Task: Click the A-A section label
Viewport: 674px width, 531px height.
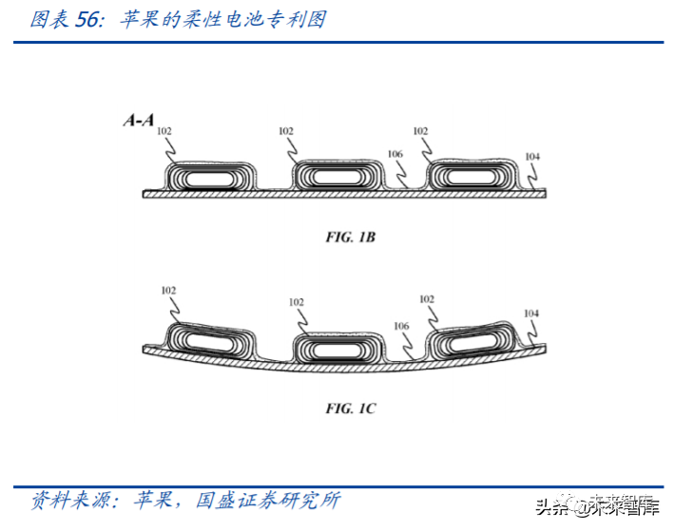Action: click(x=138, y=121)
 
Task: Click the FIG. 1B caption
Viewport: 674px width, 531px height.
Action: click(x=351, y=237)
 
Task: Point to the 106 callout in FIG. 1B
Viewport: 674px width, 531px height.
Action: click(x=395, y=154)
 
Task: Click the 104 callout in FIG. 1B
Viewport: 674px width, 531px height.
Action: click(x=532, y=155)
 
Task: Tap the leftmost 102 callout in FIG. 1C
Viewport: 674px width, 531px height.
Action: click(x=168, y=290)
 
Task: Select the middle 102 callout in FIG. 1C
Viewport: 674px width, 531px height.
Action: click(x=297, y=302)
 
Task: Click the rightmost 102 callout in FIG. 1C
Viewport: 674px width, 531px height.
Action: click(x=426, y=298)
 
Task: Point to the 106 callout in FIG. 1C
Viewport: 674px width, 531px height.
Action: click(x=401, y=326)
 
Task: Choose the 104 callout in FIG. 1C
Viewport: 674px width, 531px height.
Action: click(x=531, y=313)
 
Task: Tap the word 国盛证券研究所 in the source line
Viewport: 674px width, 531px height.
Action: click(x=266, y=499)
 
